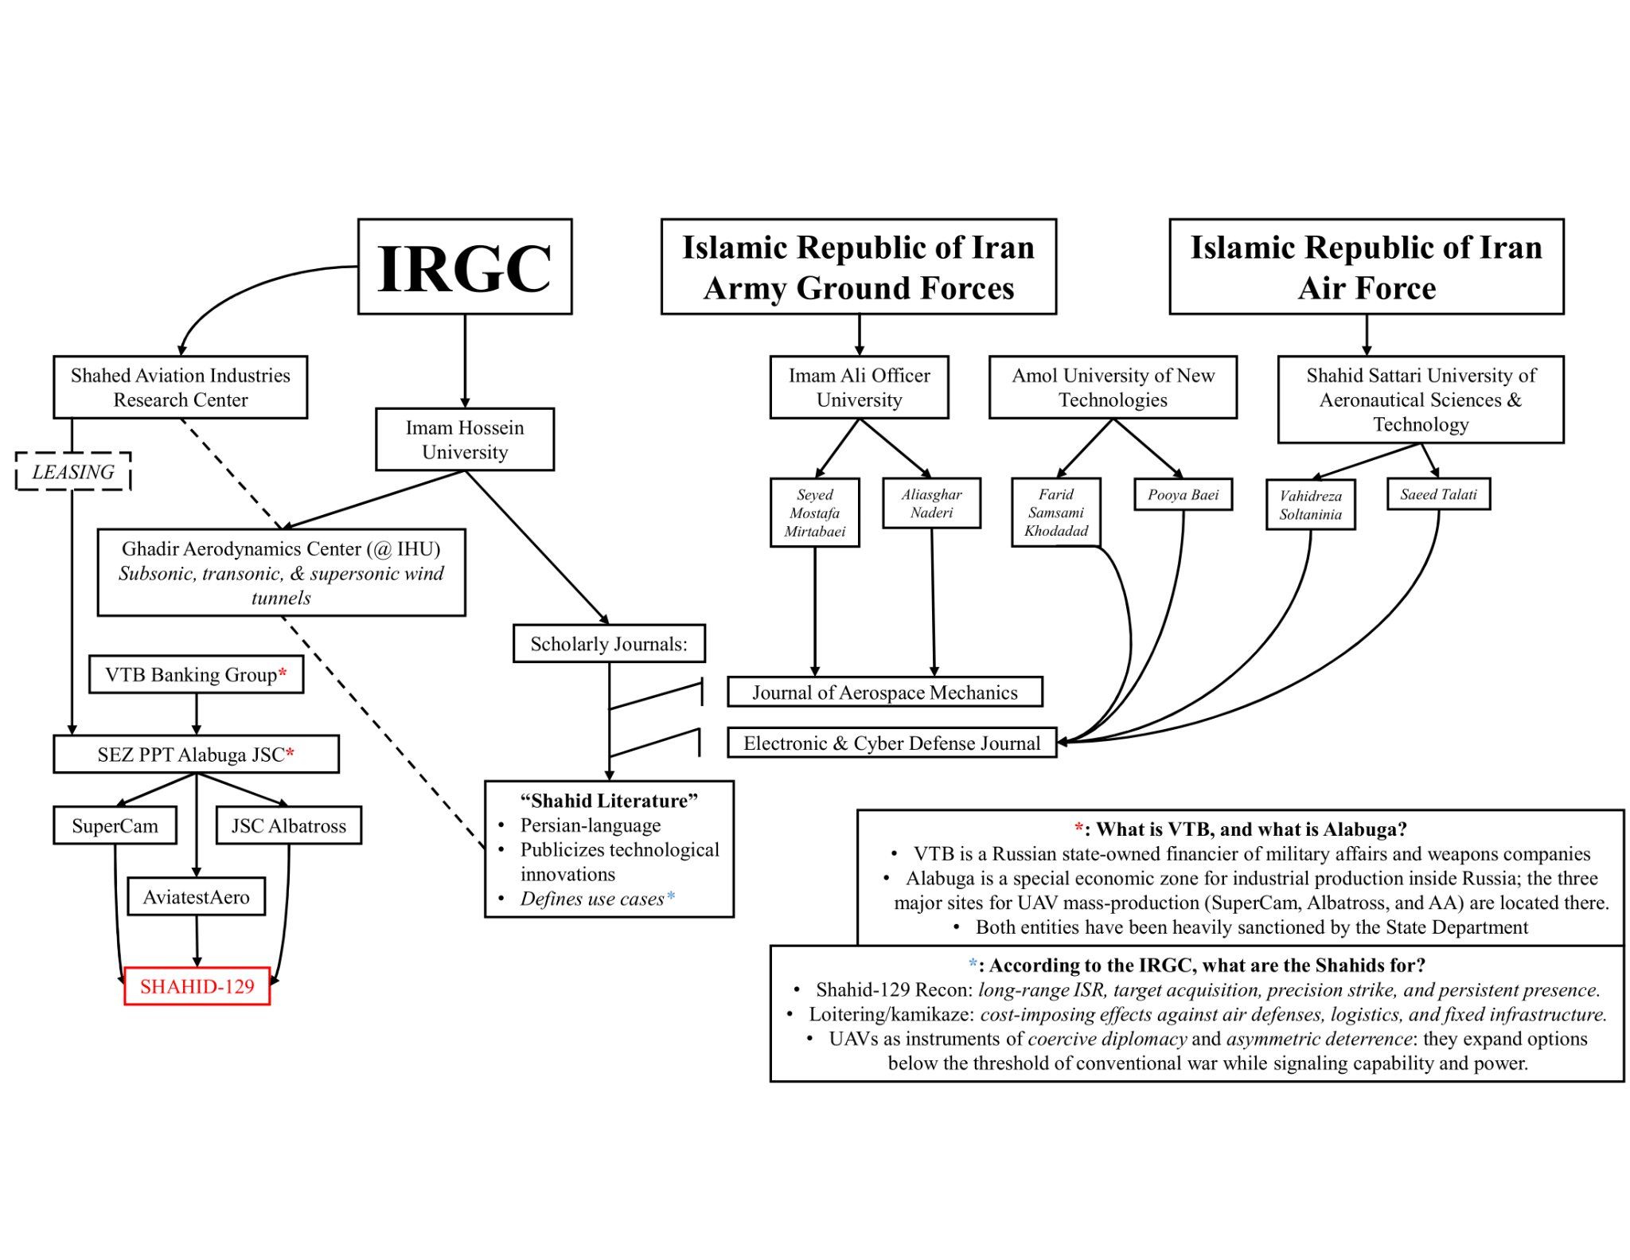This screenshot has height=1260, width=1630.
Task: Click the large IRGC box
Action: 465,267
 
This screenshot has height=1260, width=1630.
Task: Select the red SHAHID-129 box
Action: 197,986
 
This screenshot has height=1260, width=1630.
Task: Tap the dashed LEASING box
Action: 73,471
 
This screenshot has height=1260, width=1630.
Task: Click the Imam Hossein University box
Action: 465,439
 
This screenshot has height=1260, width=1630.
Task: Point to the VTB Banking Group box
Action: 196,674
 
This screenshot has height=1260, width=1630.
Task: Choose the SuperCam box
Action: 115,825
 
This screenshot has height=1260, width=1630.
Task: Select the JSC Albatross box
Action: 289,825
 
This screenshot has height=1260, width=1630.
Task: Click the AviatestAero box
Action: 196,897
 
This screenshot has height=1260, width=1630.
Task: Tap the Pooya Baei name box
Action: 1183,494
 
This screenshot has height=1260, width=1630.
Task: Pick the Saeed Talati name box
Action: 1438,494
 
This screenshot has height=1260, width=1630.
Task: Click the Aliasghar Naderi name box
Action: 931,503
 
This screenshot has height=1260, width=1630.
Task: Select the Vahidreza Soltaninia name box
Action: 1310,505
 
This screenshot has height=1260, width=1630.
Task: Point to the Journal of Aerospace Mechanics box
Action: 885,692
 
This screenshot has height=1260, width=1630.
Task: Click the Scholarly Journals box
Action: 609,643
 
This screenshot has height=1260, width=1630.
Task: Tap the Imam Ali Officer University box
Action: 859,387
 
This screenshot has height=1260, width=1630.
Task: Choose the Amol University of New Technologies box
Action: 1113,387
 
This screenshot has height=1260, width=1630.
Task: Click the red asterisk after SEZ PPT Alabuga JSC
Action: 290,752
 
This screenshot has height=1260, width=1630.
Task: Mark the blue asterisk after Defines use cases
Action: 671,896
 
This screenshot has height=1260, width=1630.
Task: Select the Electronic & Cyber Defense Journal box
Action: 891,743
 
